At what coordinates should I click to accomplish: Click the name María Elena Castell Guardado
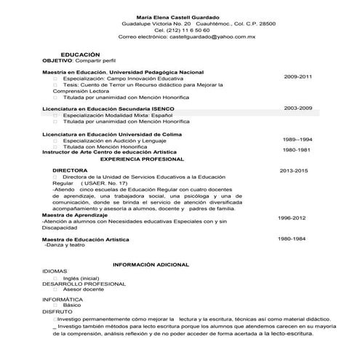[177, 16]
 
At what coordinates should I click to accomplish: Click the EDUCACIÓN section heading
[79, 55]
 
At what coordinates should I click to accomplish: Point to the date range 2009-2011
[298, 76]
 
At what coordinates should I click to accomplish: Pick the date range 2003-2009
[298, 108]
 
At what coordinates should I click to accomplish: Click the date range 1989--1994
[298, 139]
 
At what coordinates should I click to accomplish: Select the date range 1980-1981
[297, 149]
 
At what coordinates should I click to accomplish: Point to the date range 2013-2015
[295, 170]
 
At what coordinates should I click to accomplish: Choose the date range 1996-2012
[292, 217]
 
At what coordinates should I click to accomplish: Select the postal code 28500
[267, 23]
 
